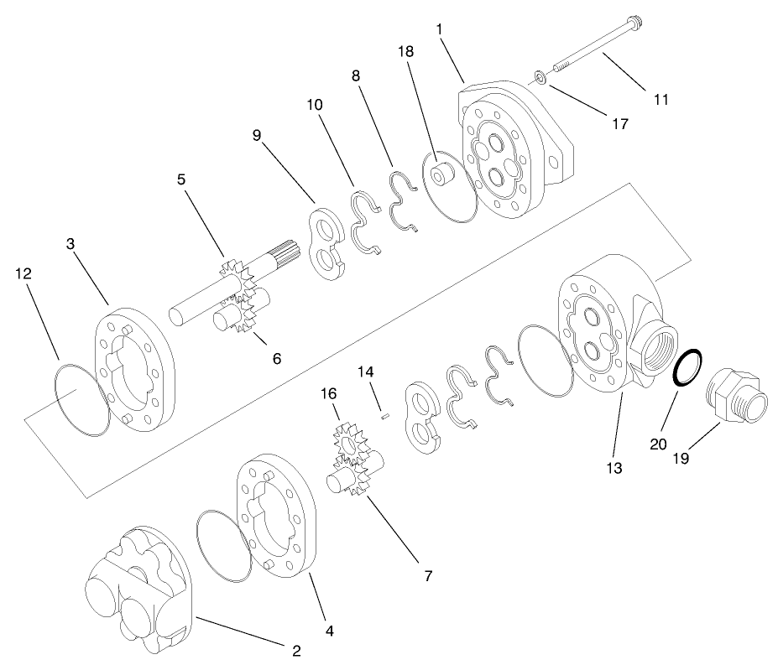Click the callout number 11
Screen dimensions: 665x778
(661, 99)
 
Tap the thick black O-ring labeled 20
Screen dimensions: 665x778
(690, 367)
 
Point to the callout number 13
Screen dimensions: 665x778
(614, 467)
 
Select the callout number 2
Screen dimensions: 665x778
(296, 649)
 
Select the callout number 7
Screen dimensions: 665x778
(427, 576)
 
